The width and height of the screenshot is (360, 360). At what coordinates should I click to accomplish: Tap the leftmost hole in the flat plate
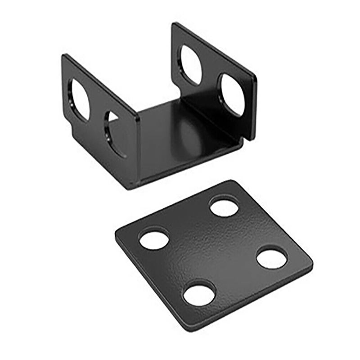154,239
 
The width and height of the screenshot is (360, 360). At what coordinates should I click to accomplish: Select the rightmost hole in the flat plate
272,257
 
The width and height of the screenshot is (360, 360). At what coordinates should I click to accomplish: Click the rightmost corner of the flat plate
310,262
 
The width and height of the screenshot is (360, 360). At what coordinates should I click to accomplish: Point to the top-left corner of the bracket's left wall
64,56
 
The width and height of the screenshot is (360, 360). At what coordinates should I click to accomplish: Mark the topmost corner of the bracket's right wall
175,24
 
